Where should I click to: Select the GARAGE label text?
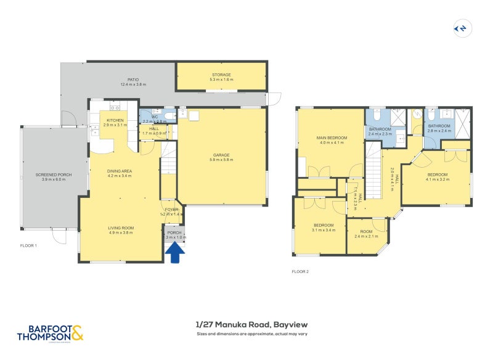tap(222, 155)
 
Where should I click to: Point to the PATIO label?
tap(133, 80)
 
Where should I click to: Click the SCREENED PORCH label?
tap(53, 175)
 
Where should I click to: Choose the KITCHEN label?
tap(115, 120)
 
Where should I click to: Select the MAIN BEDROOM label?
tap(332, 137)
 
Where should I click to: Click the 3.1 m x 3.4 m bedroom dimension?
tap(324, 230)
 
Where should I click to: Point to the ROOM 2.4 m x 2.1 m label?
tap(366, 233)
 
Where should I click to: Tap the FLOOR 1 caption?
tap(28, 245)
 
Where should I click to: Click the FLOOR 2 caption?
tap(300, 271)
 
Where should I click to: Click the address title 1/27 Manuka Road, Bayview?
tap(251, 324)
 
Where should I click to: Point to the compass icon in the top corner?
tap(460, 28)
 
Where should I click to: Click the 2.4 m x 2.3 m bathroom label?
tap(380, 134)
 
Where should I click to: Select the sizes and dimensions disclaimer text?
tap(251, 334)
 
